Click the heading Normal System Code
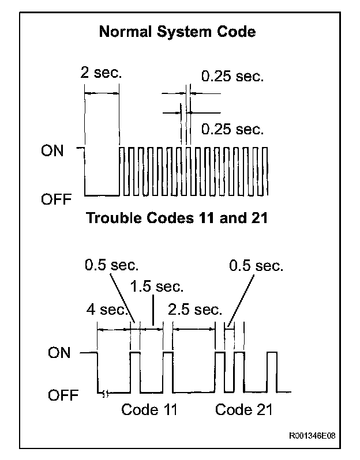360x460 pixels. pyautogui.click(x=177, y=32)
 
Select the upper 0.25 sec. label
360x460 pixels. pyautogui.click(x=232, y=77)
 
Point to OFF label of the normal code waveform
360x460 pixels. pyautogui.click(x=56, y=199)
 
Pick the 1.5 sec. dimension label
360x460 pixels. pyautogui.click(x=157, y=286)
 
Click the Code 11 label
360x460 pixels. pyautogui.click(x=149, y=410)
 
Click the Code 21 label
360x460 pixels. pyautogui.click(x=243, y=410)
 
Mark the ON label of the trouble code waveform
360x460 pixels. pyautogui.click(x=59, y=352)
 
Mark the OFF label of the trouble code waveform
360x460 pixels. pyautogui.click(x=59, y=395)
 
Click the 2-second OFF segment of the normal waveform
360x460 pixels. pyautogui.click(x=102, y=194)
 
